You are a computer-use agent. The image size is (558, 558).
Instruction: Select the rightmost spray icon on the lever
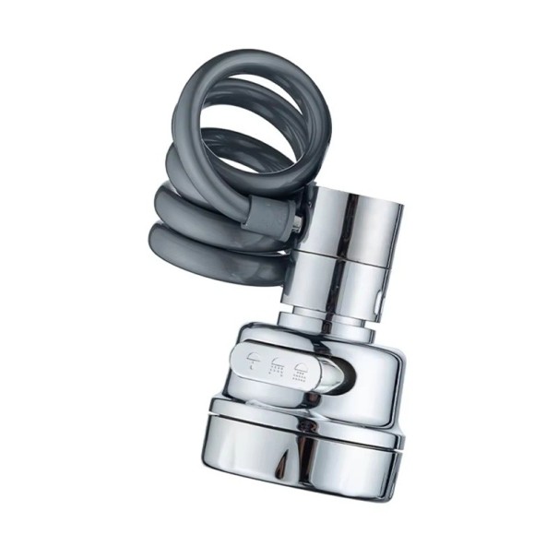pos(300,373)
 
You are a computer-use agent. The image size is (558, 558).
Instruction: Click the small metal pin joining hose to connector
pos(297,223)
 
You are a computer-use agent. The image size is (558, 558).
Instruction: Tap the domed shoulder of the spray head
pos(369,346)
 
